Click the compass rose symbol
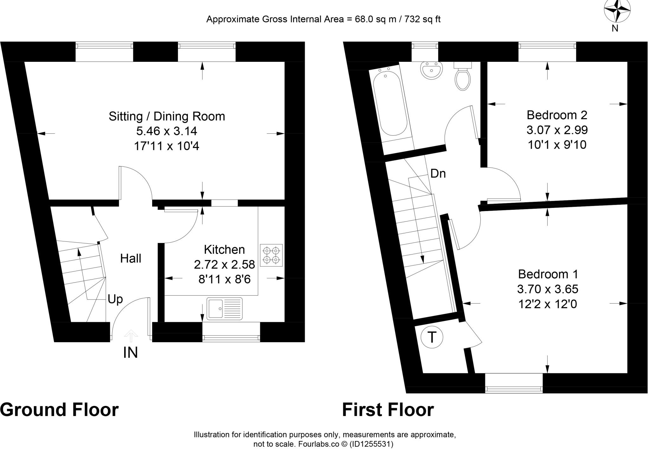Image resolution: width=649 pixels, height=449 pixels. click(x=617, y=11)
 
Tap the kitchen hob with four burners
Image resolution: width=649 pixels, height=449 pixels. click(x=271, y=255)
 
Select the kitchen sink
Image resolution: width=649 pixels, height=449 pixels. click(x=224, y=308)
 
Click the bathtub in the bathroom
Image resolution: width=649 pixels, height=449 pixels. click(x=389, y=105)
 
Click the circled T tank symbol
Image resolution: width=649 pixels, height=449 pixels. click(x=432, y=337)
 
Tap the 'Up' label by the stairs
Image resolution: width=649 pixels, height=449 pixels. click(x=115, y=299)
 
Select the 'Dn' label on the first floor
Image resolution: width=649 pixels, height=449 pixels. click(x=438, y=174)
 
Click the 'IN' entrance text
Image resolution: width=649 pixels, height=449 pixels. click(x=131, y=353)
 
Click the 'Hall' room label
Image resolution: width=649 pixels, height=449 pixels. click(x=131, y=259)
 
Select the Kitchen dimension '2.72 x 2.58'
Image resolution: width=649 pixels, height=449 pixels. click(x=224, y=264)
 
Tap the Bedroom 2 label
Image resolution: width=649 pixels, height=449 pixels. click(x=557, y=115)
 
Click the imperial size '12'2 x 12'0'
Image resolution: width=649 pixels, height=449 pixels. click(x=548, y=304)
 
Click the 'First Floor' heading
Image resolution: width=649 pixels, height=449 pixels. click(x=388, y=410)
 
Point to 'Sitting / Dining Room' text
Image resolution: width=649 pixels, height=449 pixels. click(x=167, y=116)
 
